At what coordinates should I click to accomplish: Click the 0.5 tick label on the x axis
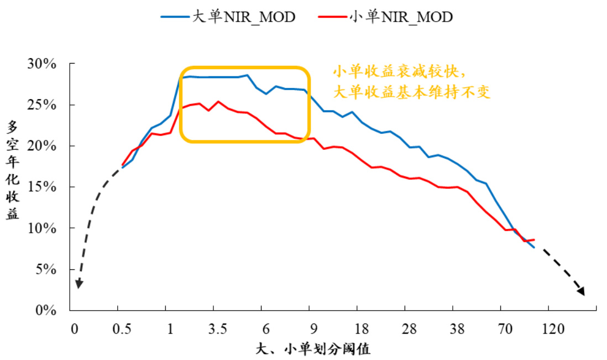122,329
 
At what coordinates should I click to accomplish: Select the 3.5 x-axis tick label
217,329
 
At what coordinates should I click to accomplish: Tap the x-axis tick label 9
313,329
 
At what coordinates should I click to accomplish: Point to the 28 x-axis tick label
409,329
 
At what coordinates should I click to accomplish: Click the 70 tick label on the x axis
504,329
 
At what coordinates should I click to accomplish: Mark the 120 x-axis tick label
552,329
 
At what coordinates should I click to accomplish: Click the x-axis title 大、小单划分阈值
313,349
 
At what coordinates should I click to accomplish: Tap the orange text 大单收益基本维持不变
411,92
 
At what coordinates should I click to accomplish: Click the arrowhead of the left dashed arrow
79,284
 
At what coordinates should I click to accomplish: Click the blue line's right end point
534,247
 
